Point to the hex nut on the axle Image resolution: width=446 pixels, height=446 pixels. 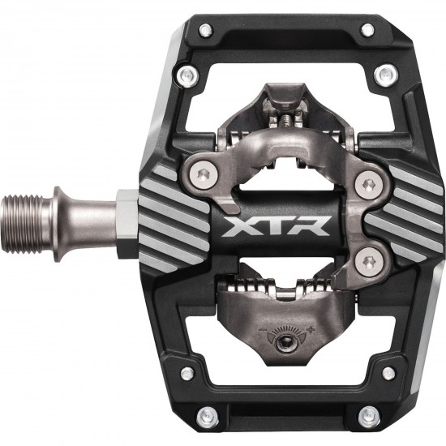coord(127,221)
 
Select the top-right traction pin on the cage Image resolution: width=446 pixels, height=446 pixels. coord(368,31)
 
